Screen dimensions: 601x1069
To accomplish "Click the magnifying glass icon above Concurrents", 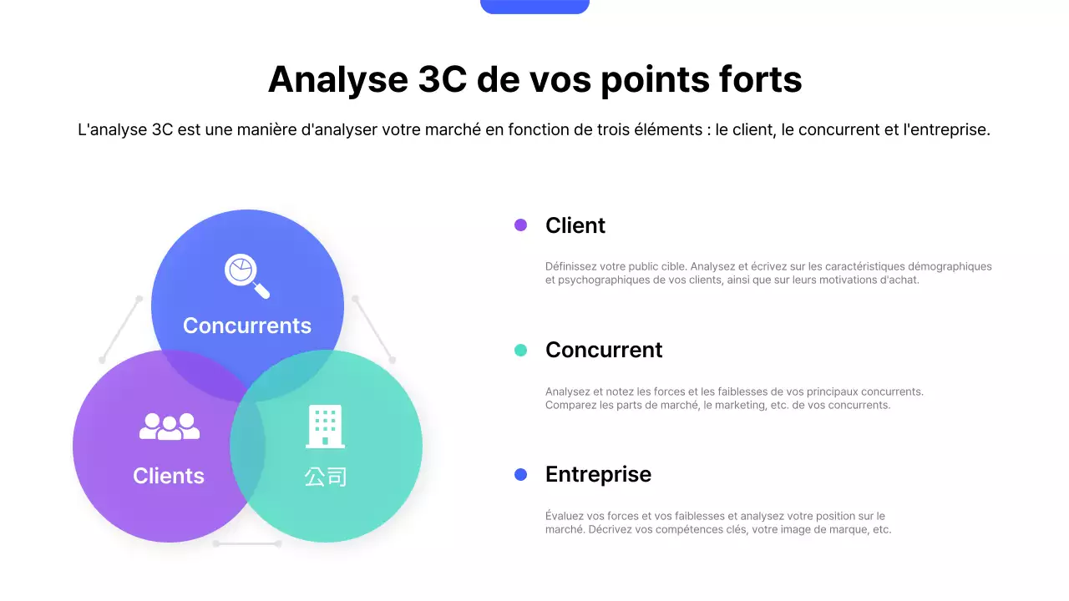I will pyautogui.click(x=246, y=275).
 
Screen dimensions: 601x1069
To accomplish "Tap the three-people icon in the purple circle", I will pyautogui.click(x=170, y=427).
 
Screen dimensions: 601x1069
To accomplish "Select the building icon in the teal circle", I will pyautogui.click(x=326, y=427).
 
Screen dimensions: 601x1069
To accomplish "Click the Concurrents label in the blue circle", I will pyautogui.click(x=247, y=326).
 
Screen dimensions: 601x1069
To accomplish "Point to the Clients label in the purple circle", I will pyautogui.click(x=169, y=476).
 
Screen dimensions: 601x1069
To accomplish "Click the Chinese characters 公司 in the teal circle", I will pyautogui.click(x=326, y=477).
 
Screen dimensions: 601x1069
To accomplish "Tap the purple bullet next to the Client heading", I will pyautogui.click(x=520, y=225).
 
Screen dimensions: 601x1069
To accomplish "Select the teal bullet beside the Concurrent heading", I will pyautogui.click(x=520, y=351).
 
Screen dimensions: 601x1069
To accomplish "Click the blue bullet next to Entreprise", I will pyautogui.click(x=520, y=475).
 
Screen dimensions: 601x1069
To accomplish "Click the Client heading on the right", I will pyautogui.click(x=575, y=225).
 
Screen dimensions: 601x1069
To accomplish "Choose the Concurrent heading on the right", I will pyautogui.click(x=604, y=351).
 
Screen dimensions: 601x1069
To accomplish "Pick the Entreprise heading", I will pyautogui.click(x=598, y=475).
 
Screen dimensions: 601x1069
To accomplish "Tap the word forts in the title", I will pyautogui.click(x=760, y=80).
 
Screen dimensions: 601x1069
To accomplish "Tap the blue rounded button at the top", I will pyautogui.click(x=534, y=6).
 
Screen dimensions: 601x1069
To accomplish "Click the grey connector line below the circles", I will pyautogui.click(x=247, y=543).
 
